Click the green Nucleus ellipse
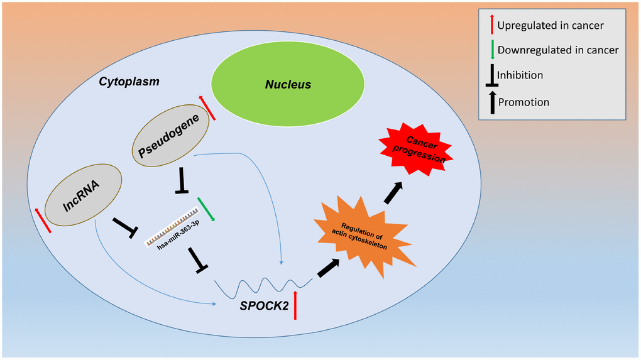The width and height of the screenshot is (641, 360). click(287, 84)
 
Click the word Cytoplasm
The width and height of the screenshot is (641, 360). click(129, 82)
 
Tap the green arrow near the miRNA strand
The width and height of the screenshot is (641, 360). click(206, 209)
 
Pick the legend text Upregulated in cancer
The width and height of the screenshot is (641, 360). click(550, 26)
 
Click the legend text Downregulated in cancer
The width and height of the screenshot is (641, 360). click(557, 50)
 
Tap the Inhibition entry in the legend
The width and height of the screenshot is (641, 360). click(520, 75)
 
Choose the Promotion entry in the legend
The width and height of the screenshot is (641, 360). click(523, 102)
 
